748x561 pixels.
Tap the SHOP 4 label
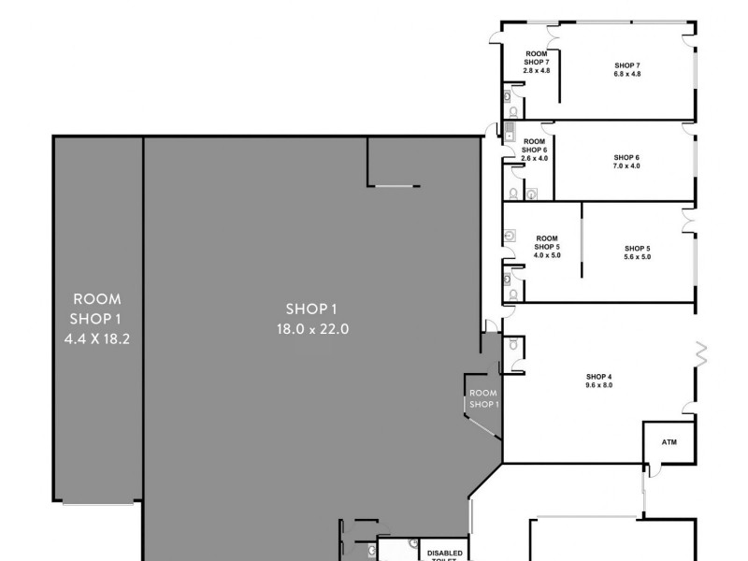[598, 376]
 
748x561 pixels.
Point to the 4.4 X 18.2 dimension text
[97, 339]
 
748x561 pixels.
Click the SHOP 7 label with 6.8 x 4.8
[626, 65]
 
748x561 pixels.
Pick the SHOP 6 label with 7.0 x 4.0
[626, 157]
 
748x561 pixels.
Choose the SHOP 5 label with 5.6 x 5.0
[638, 248]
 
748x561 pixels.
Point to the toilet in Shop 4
[515, 345]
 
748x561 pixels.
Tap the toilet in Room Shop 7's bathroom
[509, 94]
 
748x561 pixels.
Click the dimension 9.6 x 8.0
[598, 385]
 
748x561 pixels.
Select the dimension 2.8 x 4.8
[537, 71]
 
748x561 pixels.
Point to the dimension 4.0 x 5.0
[547, 255]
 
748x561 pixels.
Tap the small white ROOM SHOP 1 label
[483, 398]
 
